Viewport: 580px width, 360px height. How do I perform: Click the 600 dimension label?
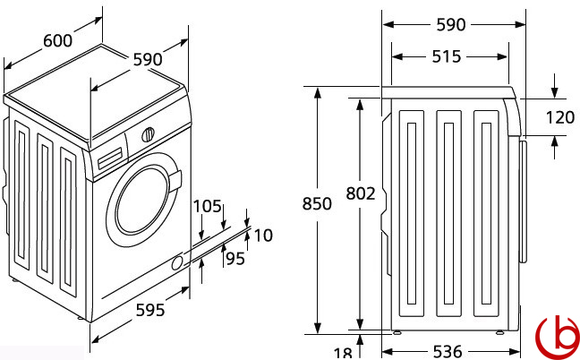pyautogui.click(x=56, y=41)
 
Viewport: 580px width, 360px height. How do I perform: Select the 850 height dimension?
pyautogui.click(x=317, y=203)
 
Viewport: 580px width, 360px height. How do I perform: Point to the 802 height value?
pyautogui.click(x=362, y=193)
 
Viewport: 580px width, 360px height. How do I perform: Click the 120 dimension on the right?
pyautogui.click(x=559, y=117)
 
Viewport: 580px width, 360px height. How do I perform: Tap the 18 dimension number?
pyautogui.click(x=343, y=352)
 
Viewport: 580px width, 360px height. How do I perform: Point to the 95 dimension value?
pyautogui.click(x=235, y=259)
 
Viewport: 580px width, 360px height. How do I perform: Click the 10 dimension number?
pyautogui.click(x=263, y=236)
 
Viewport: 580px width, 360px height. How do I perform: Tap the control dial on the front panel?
pyautogui.click(x=148, y=135)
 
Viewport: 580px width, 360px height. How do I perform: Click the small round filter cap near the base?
pyautogui.click(x=176, y=261)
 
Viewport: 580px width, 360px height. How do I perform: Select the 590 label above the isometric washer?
pyautogui.click(x=147, y=59)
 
